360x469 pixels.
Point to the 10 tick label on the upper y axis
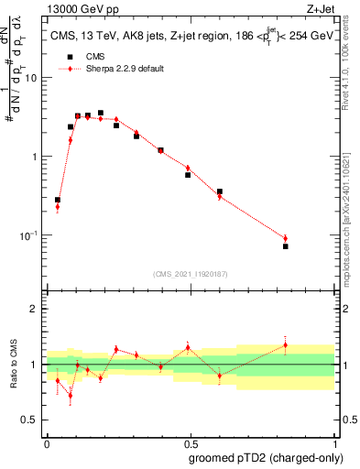pos(30,78)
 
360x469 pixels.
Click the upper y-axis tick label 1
pos(35,157)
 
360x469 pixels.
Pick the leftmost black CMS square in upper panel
pos(58,200)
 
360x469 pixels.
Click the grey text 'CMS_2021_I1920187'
pos(190,274)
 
